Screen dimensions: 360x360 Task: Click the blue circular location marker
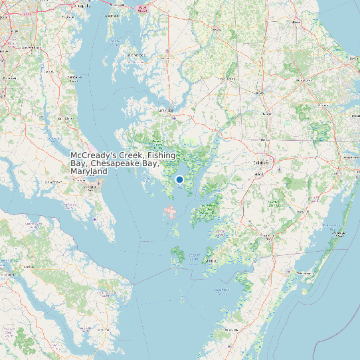pyautogui.click(x=179, y=179)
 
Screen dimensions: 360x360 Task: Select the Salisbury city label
pyautogui.click(x=261, y=162)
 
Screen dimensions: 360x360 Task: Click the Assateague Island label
pyautogui.click(x=338, y=232)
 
